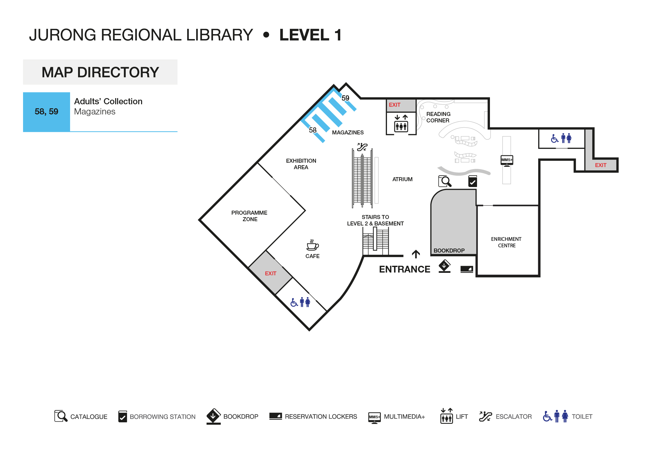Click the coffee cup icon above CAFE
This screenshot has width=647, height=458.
pos(313,245)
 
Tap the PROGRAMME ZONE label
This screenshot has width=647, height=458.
pos(249,216)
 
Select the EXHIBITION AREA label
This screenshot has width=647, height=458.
pos(301,164)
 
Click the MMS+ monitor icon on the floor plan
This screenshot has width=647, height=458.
pos(507,160)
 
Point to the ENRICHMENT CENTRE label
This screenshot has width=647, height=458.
pos(506,242)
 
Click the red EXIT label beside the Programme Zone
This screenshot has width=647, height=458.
pos(270,273)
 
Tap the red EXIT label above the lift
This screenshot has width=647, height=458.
pos(395,105)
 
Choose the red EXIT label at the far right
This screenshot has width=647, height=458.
pos(601,165)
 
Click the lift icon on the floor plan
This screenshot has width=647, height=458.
pos(401,123)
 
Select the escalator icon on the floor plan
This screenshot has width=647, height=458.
pos(362,147)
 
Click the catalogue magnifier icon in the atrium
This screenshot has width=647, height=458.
pos(445,181)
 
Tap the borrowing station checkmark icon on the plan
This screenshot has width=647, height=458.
pos(472,181)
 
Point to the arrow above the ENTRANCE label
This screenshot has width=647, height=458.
pos(416,254)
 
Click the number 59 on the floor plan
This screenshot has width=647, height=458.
pos(345,98)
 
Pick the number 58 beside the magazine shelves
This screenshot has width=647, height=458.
pos(313,130)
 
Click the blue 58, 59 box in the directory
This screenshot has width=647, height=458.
pos(46,112)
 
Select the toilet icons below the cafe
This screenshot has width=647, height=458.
pos(300,302)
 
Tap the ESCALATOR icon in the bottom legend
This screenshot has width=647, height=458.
pos(485,416)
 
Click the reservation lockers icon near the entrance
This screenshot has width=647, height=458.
pos(467,269)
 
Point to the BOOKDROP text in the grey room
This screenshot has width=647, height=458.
pos(449,251)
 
